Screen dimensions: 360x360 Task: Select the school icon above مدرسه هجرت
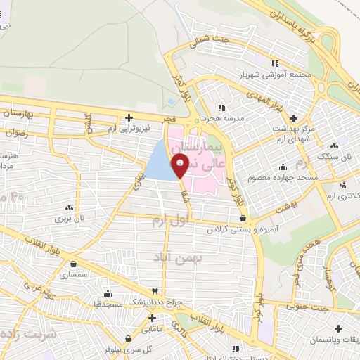click(222, 108)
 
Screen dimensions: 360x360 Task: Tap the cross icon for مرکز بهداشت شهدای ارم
click(293, 117)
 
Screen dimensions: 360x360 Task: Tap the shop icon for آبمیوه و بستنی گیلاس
click(243, 218)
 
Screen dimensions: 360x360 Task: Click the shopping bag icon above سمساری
click(73, 264)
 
